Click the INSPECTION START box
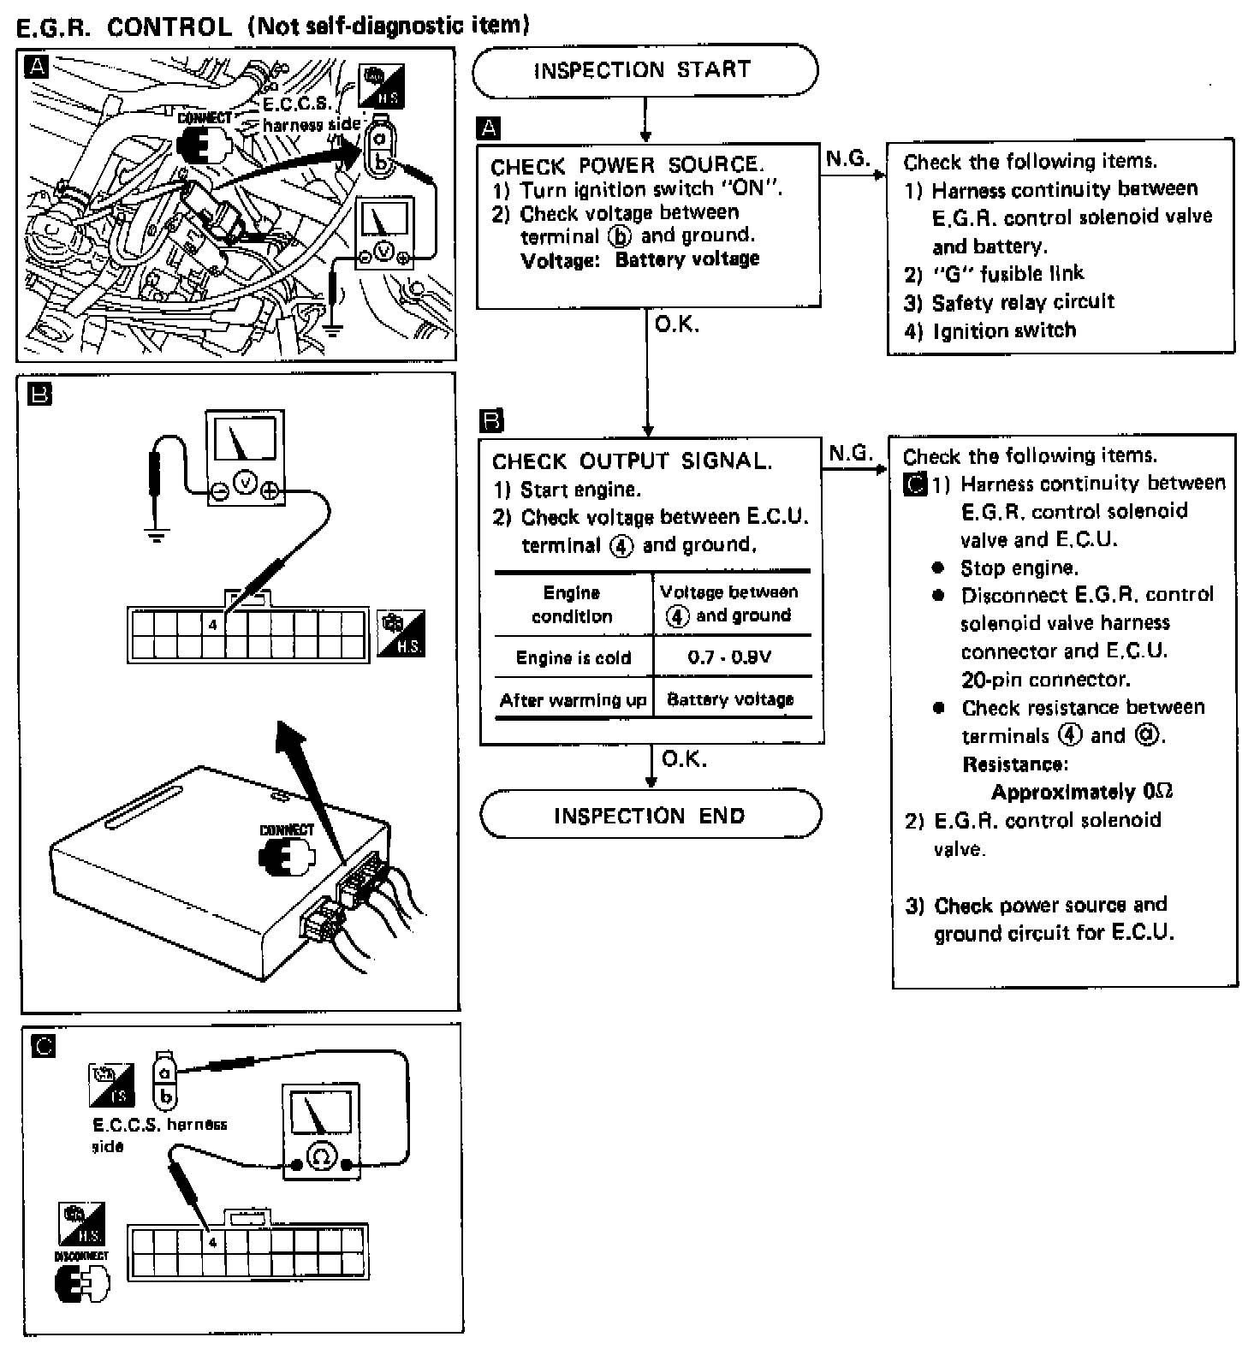[644, 70]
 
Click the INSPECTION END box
[650, 815]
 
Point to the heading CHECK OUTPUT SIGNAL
[632, 461]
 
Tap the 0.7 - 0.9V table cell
[729, 657]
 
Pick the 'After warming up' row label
[573, 700]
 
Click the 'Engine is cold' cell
[573, 657]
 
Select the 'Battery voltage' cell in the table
[730, 700]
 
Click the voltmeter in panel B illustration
[246, 458]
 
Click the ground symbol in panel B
[156, 538]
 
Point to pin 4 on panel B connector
[213, 625]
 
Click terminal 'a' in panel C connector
[165, 1072]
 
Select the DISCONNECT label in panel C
[81, 1256]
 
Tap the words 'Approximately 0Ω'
[1081, 792]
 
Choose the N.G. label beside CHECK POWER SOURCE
[847, 159]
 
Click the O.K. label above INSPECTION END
[684, 759]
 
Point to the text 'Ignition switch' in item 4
[1004, 330]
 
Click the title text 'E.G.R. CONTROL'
[124, 27]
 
